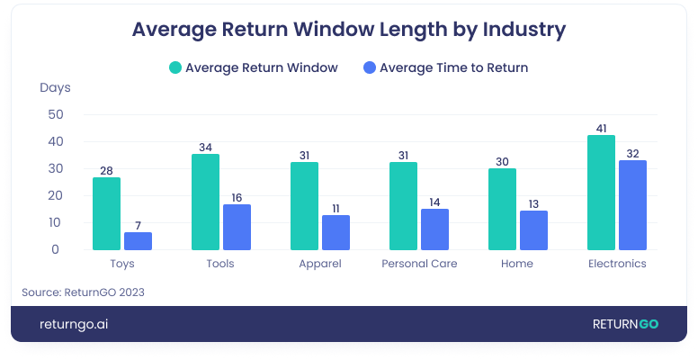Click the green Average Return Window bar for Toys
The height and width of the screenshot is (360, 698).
pos(106,213)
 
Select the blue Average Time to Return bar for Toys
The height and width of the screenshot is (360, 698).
pos(138,240)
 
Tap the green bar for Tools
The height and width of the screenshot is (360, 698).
pos(205,202)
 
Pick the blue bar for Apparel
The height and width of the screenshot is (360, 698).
pos(336,232)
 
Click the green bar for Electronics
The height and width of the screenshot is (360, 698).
pos(601,193)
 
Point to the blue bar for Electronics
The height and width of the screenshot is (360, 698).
pos(632,204)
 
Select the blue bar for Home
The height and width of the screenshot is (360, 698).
pos(533,229)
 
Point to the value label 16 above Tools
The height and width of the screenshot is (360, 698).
pos(237,196)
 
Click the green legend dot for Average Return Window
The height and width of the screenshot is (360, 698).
pos(175,67)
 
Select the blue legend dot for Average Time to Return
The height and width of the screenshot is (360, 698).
pos(370,67)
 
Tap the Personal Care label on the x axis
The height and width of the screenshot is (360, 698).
pos(419,264)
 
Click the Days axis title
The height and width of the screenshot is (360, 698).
pos(55,88)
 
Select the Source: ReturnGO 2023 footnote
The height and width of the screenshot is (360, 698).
pos(83,292)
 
